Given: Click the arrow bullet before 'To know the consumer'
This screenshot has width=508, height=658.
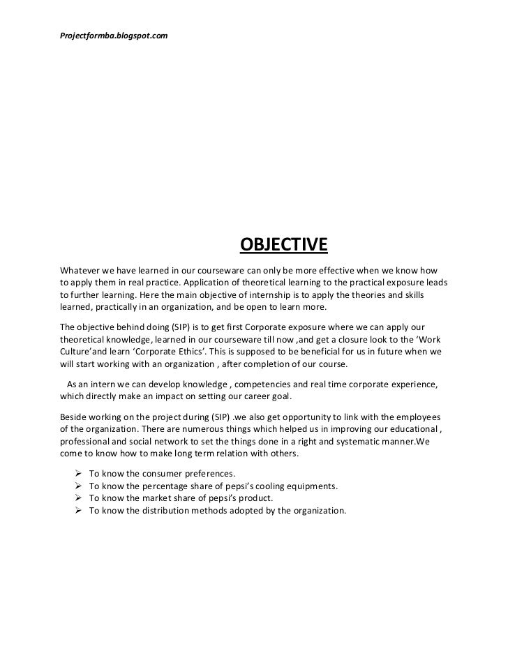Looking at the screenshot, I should pos(79,473).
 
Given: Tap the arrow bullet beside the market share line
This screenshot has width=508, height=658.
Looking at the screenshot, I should pos(79,498).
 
